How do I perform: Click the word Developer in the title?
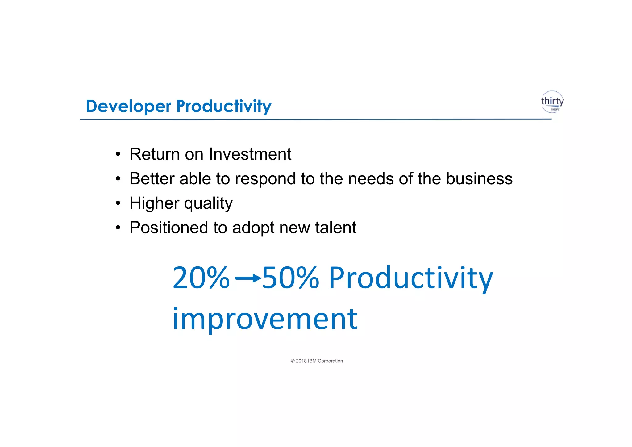pos(128,107)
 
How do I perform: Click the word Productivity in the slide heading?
pos(224,107)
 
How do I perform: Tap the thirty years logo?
pos(552,102)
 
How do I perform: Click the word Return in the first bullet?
pos(155,154)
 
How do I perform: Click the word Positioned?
pos(168,228)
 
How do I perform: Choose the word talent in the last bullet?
pos(335,228)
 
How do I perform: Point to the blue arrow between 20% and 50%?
pos(248,278)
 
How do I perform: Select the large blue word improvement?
pos(265,319)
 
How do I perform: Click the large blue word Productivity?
pos(411,278)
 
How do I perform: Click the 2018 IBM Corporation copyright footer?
pos(317,361)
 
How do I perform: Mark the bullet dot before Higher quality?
pos(118,204)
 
